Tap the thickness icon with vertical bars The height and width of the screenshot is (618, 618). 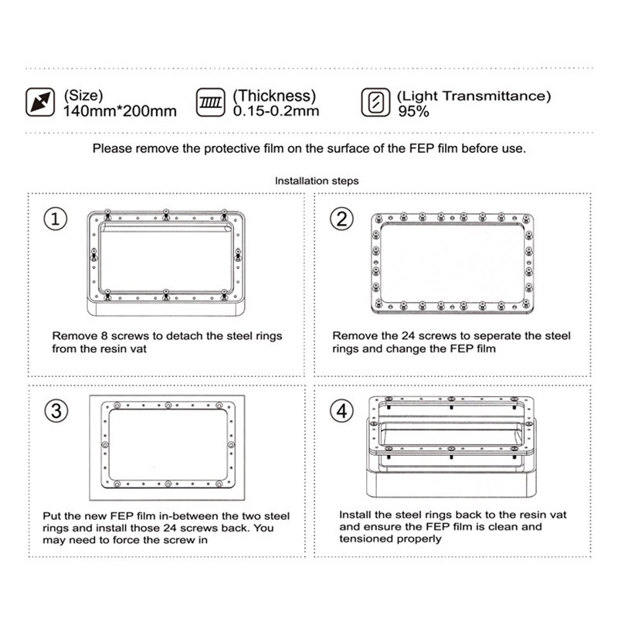pos(211,102)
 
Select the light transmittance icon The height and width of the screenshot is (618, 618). pos(375,102)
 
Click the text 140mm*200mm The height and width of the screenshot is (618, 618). pos(120,110)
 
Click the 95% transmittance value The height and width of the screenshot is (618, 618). pos(413,110)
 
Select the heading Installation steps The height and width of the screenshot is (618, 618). pos(317,180)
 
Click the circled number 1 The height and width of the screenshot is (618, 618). pos(55,219)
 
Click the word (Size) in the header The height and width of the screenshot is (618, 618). pos(83,96)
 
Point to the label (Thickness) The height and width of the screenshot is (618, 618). pos(275,96)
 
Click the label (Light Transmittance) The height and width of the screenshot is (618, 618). pos(474,96)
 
